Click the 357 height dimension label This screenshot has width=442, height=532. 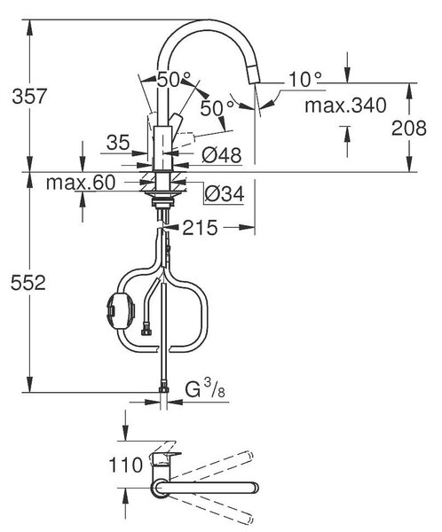[29, 96]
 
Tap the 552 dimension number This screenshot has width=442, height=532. [28, 283]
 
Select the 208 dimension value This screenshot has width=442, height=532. [408, 129]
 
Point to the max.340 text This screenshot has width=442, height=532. [345, 106]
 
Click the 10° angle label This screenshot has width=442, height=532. [304, 80]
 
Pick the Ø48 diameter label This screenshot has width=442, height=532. [222, 155]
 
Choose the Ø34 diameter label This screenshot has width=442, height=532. [225, 194]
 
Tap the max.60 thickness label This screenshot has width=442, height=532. [81, 183]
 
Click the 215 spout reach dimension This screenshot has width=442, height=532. [200, 228]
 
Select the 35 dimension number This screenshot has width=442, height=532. [118, 142]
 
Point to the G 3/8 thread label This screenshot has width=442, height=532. [205, 389]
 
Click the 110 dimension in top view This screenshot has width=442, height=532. [125, 465]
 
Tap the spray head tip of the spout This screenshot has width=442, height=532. [254, 74]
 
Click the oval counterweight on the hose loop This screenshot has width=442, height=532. [121, 311]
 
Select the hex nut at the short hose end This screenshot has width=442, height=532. [146, 331]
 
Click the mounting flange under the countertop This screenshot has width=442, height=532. [161, 193]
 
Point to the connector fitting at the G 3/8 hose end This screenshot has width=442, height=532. [164, 387]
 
